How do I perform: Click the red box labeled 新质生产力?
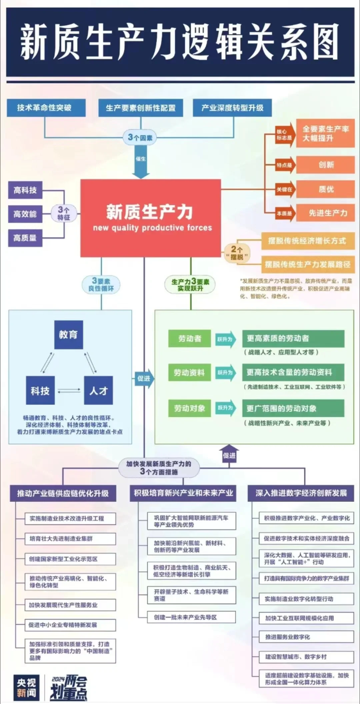pyautogui.click(x=150, y=218)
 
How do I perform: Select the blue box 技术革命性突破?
pyautogui.click(x=46, y=108)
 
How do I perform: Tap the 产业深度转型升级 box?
pyautogui.click(x=232, y=108)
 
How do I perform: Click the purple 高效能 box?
pyautogui.click(x=25, y=214)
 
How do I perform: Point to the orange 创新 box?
pyautogui.click(x=325, y=165)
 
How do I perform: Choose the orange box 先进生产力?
pyautogui.click(x=325, y=213)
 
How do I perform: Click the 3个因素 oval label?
pyautogui.click(x=140, y=137)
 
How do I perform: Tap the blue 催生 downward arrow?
pyautogui.click(x=141, y=165)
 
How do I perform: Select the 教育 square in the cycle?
pyautogui.click(x=68, y=334)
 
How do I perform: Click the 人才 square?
pyautogui.click(x=98, y=391)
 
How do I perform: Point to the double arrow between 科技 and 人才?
pyautogui.click(x=69, y=391)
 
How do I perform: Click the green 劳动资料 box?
pyautogui.click(x=189, y=373)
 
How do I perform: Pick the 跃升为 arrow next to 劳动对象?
pyautogui.click(x=226, y=408)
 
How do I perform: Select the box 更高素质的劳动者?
pyautogui.click(x=293, y=338)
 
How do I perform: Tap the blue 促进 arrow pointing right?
pyautogui.click(x=144, y=378)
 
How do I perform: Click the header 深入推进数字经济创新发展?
pyautogui.click(x=301, y=493)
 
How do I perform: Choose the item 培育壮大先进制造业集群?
pyautogui.click(x=70, y=539)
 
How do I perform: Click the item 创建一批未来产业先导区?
pyautogui.click(x=191, y=617)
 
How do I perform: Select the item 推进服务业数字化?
pyautogui.click(x=306, y=637)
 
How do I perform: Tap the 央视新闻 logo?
pyautogui.click(x=26, y=688)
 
